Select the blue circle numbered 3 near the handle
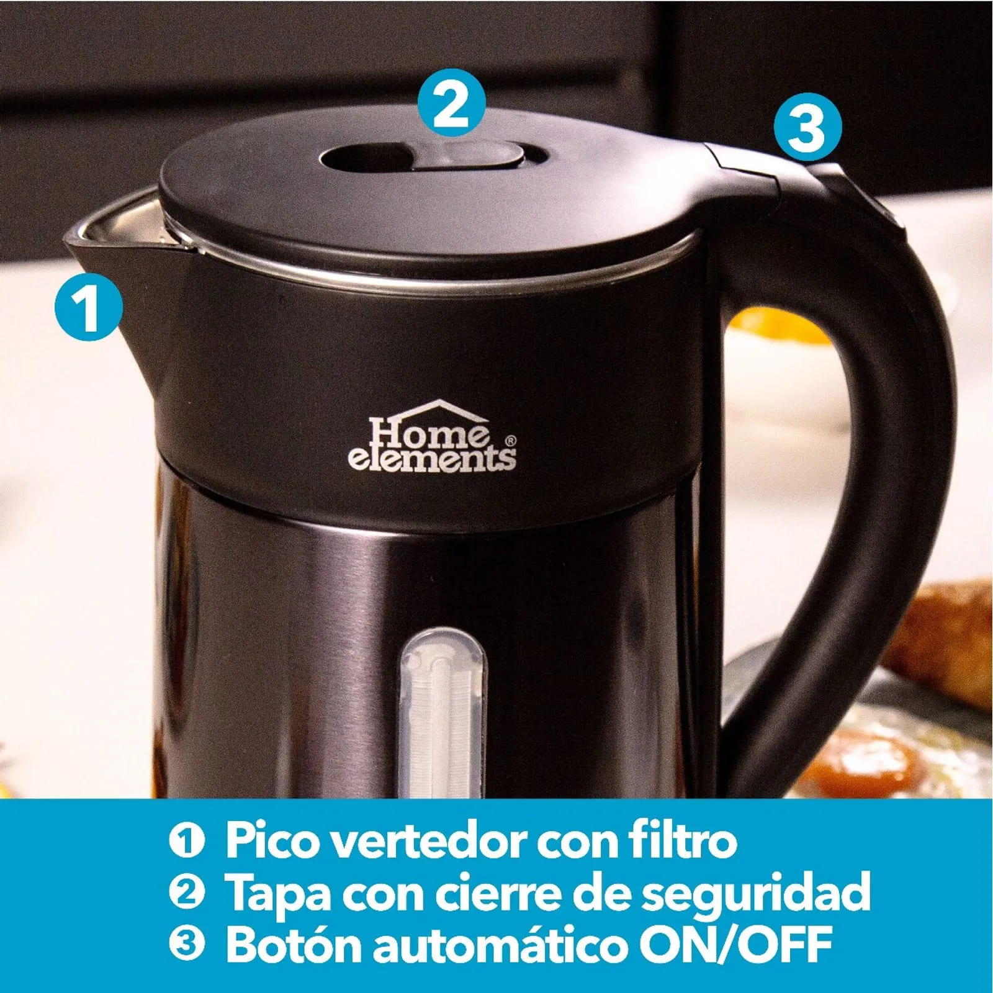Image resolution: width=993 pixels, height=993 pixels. tap(807, 128)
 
